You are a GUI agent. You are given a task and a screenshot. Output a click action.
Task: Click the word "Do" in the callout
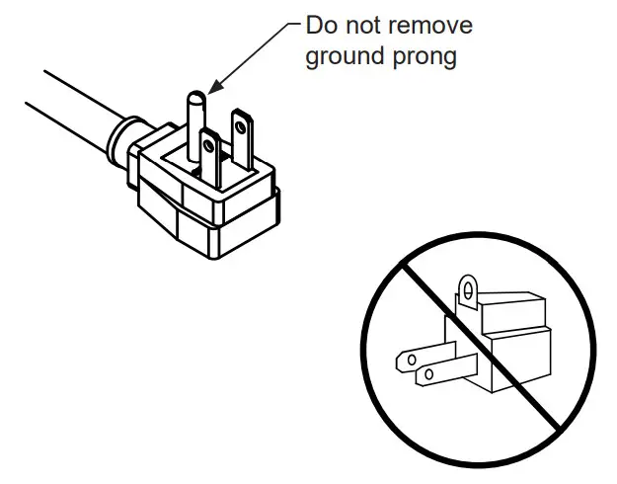[322, 25]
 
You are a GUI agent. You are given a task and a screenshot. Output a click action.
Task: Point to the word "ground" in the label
[346, 56]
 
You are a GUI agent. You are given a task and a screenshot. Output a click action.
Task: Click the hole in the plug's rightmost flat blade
[240, 123]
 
